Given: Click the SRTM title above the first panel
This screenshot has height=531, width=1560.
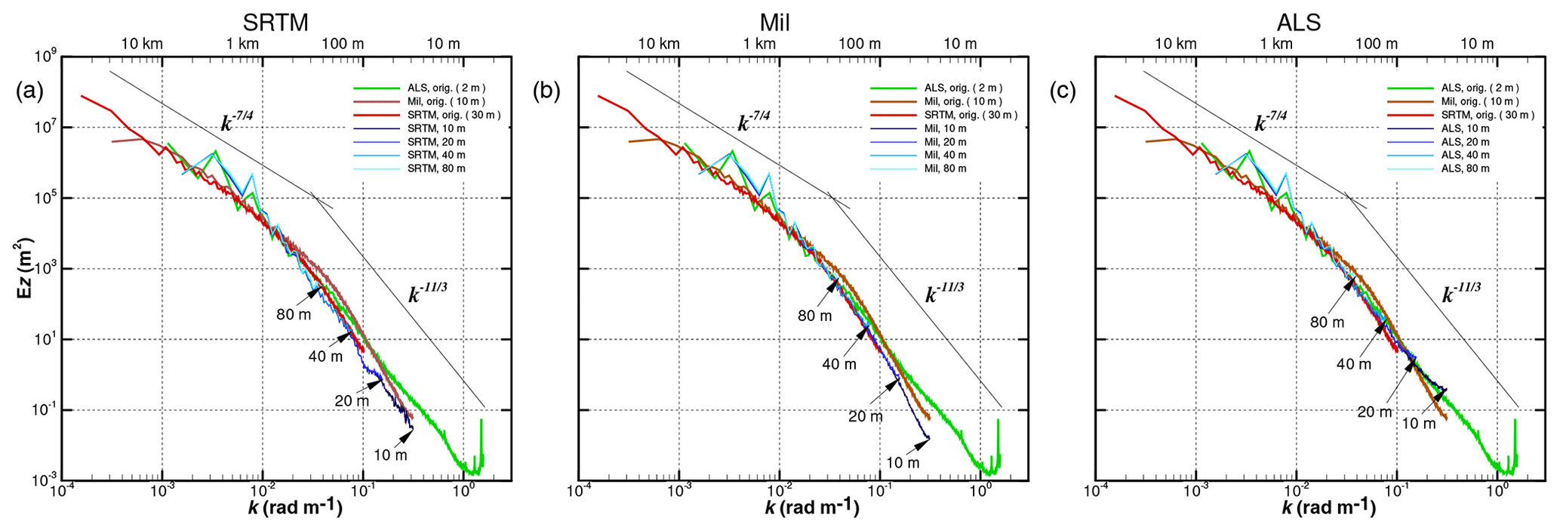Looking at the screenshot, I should (275, 23).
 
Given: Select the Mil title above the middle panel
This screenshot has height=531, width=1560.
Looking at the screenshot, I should (774, 23).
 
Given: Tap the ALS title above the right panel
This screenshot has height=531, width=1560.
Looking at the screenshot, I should (1300, 23).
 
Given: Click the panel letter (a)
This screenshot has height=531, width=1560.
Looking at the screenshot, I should (29, 91).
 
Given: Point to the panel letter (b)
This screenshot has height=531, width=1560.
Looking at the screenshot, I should (546, 91).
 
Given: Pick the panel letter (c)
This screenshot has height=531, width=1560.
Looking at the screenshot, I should (1063, 91).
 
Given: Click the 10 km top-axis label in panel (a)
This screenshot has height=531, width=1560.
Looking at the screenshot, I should (141, 44).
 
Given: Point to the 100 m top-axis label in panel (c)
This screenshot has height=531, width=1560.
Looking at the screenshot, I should (1377, 44).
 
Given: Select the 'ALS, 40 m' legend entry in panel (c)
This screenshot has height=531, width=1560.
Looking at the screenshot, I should (1464, 155).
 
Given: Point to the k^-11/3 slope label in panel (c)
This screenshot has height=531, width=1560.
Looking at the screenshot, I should (1461, 292).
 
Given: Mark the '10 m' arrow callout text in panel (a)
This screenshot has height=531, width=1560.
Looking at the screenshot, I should (390, 455).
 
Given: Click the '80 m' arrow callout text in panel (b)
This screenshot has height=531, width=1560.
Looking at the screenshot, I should (814, 316).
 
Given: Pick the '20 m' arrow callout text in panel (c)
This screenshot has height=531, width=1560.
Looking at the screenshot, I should (1374, 412).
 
